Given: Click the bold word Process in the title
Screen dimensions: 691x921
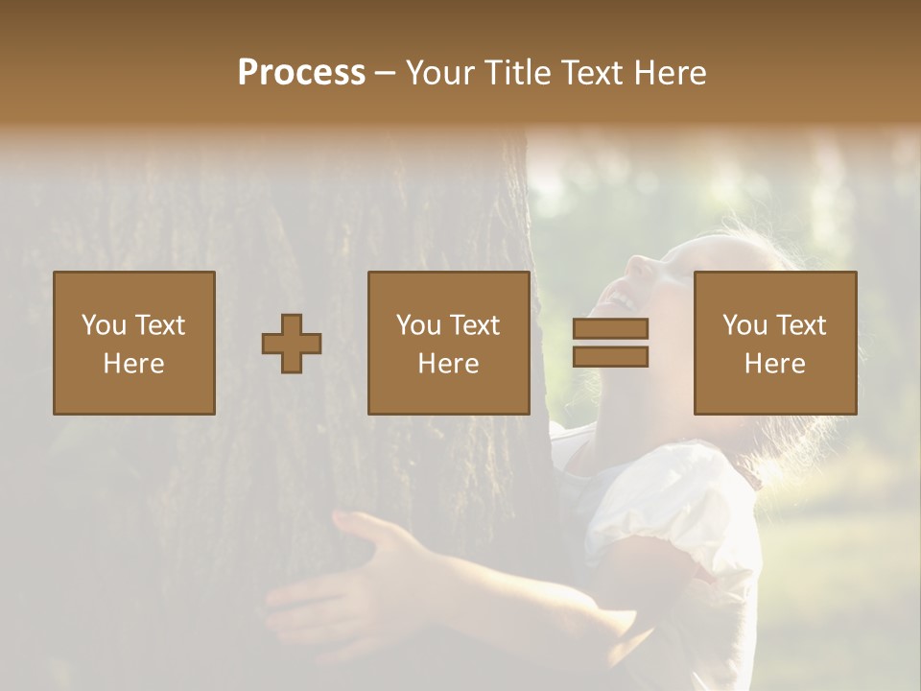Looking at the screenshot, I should (x=301, y=73).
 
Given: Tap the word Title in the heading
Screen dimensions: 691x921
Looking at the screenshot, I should (x=517, y=73).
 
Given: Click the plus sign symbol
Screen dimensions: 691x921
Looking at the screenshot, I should (x=292, y=344).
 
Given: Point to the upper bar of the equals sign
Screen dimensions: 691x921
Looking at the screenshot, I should (x=610, y=329).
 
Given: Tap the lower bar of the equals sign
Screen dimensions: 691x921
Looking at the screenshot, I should (x=610, y=357).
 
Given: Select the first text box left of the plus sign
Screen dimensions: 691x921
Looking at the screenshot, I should (x=134, y=343).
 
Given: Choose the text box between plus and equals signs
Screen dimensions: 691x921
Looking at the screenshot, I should (x=449, y=343).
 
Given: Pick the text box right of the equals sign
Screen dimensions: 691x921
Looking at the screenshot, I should (x=775, y=343).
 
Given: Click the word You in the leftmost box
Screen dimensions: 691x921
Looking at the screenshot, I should (x=104, y=325).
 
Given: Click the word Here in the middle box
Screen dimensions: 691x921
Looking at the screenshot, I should (x=449, y=364).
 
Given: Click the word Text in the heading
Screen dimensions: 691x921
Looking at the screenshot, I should (x=589, y=73).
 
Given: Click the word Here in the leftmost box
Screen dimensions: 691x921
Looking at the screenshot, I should (x=134, y=364).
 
